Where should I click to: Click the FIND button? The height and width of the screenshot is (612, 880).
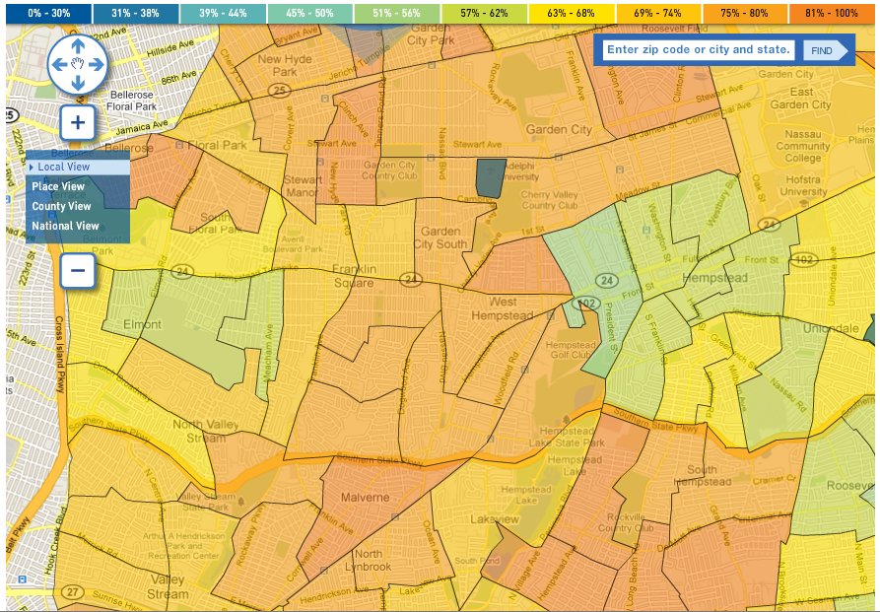(x=823, y=50)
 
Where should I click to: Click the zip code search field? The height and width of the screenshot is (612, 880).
(x=699, y=50)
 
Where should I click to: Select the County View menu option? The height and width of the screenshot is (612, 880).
(x=61, y=206)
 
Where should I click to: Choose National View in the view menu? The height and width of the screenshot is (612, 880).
(x=65, y=226)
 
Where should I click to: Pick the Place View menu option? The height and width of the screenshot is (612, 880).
(x=58, y=186)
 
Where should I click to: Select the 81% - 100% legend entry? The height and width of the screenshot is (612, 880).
(x=832, y=13)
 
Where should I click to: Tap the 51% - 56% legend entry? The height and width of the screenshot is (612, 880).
(x=397, y=13)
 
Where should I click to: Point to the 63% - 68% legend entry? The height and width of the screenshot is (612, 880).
(x=571, y=13)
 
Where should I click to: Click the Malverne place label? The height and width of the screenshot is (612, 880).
(x=366, y=498)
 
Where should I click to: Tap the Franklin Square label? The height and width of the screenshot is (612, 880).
(x=353, y=276)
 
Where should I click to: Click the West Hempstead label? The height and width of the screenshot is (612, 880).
(x=510, y=308)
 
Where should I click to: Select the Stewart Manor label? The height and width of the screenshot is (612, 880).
(x=303, y=186)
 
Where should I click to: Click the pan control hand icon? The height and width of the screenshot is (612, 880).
(x=78, y=64)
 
